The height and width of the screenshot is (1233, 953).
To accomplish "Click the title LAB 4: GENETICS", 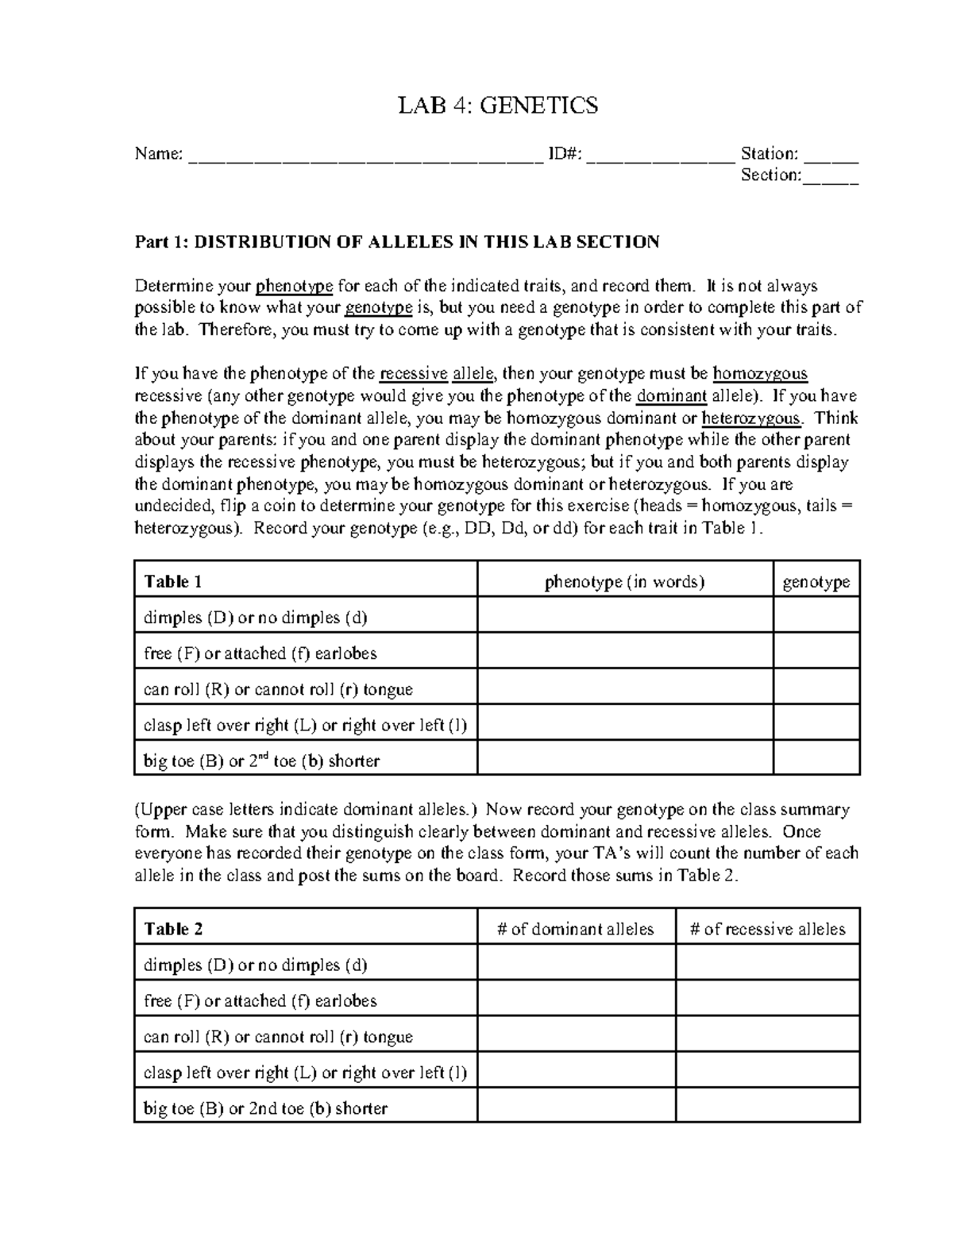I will (498, 105).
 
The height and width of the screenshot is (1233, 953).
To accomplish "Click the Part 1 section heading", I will (397, 242).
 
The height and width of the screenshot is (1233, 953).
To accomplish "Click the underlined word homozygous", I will (760, 374).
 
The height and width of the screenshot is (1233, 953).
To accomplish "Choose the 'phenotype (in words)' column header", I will (625, 582).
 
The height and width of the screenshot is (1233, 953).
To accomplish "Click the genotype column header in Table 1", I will (816, 582).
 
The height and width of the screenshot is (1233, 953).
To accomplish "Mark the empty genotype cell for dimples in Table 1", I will (816, 618).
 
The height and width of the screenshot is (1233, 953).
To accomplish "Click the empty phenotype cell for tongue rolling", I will (625, 689).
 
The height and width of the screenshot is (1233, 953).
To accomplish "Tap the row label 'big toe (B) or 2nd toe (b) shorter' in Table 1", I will (262, 761).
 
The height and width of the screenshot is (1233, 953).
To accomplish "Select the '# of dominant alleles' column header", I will (576, 929).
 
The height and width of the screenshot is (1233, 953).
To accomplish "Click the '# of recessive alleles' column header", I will (768, 929).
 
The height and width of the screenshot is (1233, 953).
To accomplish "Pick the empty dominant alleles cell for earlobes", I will (576, 1000).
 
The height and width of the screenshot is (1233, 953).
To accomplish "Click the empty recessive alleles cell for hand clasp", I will (768, 1073).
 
